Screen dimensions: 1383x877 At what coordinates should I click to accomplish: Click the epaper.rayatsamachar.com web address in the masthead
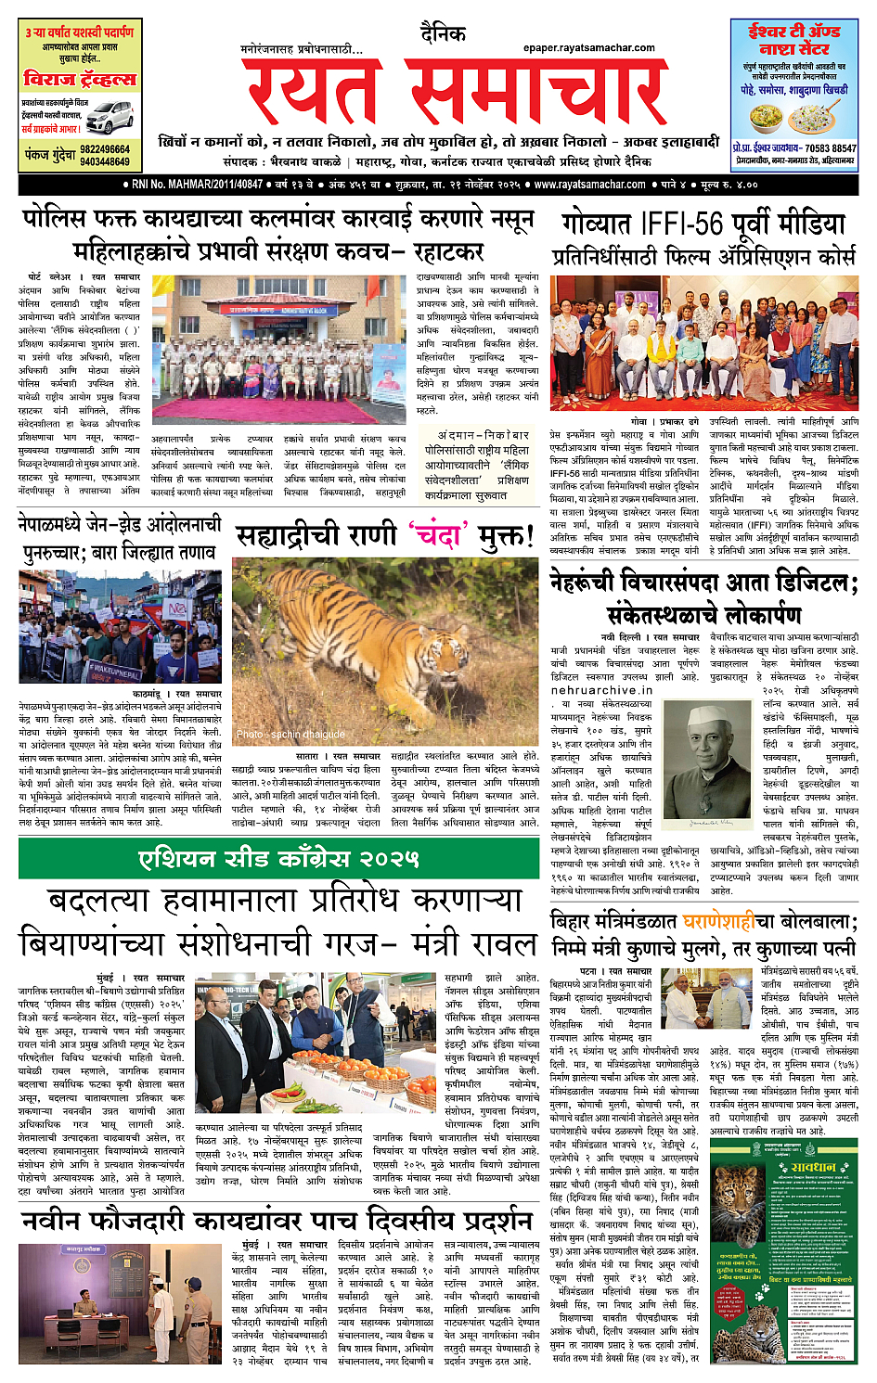[x=588, y=48]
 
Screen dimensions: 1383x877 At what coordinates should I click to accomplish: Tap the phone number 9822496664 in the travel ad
[x=105, y=149]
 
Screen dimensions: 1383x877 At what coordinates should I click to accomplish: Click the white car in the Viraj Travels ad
[x=110, y=118]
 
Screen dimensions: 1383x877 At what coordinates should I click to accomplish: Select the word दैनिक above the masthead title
[x=443, y=34]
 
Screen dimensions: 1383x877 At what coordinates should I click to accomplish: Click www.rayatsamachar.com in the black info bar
[x=589, y=185]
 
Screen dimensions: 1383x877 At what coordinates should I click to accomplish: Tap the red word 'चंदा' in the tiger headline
[x=439, y=535]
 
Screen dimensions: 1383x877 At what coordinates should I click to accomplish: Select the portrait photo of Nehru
[x=713, y=762]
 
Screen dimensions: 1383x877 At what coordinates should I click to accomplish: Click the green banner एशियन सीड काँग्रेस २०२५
[x=278, y=859]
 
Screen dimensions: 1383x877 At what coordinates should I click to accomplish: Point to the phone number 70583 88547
[x=831, y=148]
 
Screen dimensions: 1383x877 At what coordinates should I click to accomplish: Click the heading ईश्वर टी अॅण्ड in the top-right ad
[x=794, y=31]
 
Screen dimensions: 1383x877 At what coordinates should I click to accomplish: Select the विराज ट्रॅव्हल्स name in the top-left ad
[x=80, y=80]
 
